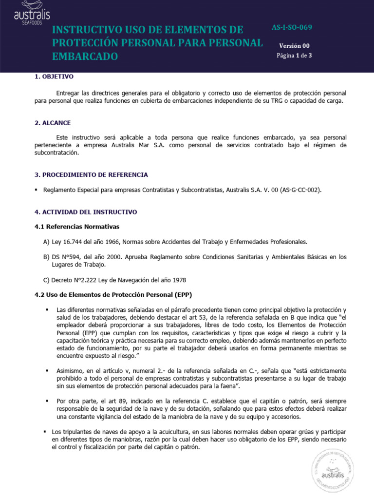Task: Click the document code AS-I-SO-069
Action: (x=292, y=27)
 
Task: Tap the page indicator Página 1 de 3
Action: (x=294, y=56)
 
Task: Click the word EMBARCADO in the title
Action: (x=85, y=57)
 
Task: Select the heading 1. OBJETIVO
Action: (x=54, y=77)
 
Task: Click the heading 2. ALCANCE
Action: (x=52, y=123)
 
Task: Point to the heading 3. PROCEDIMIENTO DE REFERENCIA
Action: (x=91, y=174)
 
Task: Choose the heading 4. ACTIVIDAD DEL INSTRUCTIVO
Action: (x=86, y=212)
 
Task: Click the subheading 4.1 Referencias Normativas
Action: (x=76, y=227)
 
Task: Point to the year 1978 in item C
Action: (x=178, y=280)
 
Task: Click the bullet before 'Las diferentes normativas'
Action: (x=47, y=310)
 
